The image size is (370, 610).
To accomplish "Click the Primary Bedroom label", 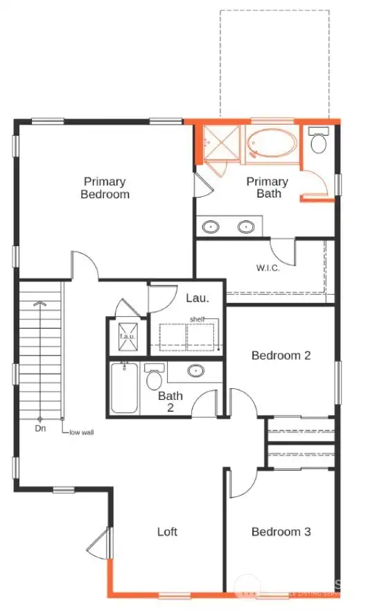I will pyautogui.click(x=105, y=188).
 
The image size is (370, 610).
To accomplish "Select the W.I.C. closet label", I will pyautogui.click(x=267, y=268).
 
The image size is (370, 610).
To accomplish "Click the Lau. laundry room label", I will pyautogui.click(x=194, y=298).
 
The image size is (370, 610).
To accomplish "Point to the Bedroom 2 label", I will pyautogui.click(x=281, y=356).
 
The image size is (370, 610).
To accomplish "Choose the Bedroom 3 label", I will pyautogui.click(x=281, y=532).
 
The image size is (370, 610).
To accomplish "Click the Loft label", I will pyautogui.click(x=167, y=532).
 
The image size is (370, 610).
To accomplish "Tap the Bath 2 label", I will pyautogui.click(x=170, y=402).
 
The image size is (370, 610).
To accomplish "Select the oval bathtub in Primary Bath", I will pyautogui.click(x=272, y=143).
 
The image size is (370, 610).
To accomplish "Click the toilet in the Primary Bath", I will pyautogui.click(x=318, y=142).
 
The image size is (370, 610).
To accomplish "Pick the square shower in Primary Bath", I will pyautogui.click(x=221, y=144).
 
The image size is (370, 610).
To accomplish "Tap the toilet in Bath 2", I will pyautogui.click(x=154, y=378).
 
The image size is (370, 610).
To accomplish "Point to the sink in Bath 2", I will pyautogui.click(x=197, y=372).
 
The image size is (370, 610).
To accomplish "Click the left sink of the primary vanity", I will pyautogui.click(x=211, y=226).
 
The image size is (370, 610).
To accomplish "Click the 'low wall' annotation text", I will pyautogui.click(x=80, y=433).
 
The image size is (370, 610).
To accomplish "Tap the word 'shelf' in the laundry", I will pyautogui.click(x=198, y=320).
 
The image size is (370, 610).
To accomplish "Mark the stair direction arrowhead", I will pyautogui.click(x=39, y=304).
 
